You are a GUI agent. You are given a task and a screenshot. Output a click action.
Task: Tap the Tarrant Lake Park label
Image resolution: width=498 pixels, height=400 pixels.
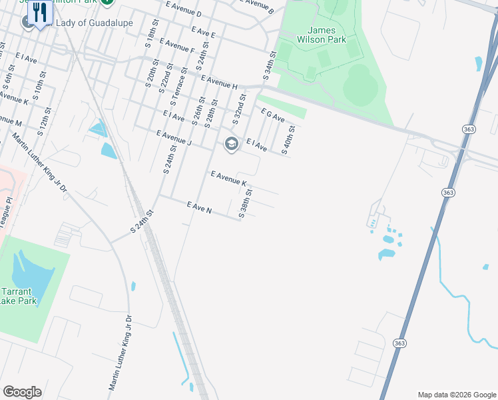coord(19,297)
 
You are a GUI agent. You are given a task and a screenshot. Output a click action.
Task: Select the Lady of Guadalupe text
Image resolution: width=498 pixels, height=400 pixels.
coord(94,23)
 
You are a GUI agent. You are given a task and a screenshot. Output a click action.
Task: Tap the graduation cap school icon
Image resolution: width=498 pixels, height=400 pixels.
coord(231,143)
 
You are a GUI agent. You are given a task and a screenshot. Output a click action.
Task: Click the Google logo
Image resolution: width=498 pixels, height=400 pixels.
coord(22,392)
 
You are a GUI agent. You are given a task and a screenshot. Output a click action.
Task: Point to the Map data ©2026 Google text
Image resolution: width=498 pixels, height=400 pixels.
coord(456,395)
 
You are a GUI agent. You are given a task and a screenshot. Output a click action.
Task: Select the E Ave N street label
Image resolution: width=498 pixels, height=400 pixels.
coord(199,207)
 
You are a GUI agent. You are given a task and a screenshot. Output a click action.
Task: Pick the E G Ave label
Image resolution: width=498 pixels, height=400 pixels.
coord(273,115)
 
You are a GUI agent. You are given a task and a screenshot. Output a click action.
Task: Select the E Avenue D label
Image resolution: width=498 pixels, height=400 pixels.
coord(184,9)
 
